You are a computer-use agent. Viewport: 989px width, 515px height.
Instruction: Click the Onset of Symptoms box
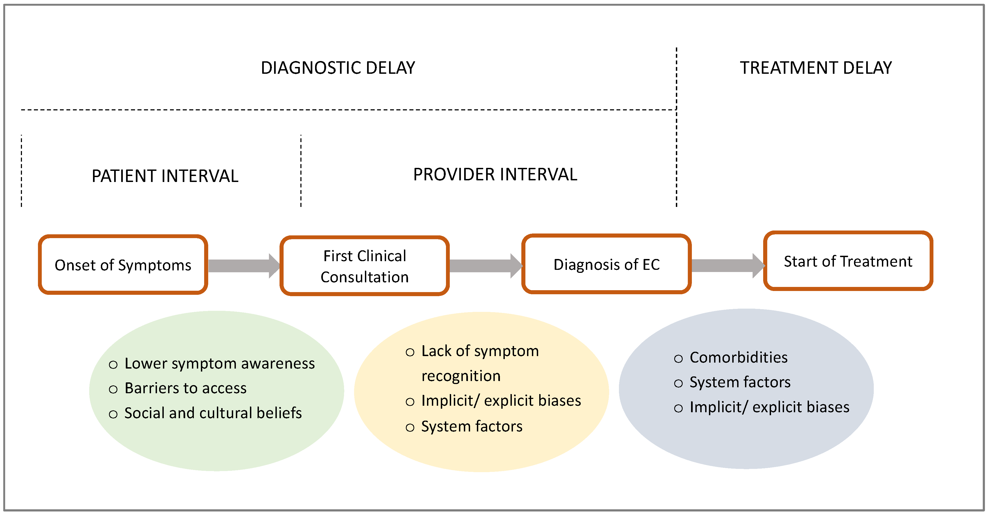point(123,265)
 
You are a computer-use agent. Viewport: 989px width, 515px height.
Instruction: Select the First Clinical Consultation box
point(364,266)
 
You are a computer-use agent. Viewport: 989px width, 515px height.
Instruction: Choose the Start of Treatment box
point(848,261)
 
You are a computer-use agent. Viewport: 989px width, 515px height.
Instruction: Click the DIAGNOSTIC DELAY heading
point(338,68)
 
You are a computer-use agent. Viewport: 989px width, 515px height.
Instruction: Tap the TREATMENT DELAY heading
point(815,68)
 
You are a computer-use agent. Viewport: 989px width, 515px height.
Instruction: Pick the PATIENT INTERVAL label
point(165,176)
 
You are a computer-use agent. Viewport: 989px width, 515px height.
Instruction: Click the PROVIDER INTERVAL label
point(495,174)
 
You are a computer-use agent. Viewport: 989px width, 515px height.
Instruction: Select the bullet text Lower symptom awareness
point(220,363)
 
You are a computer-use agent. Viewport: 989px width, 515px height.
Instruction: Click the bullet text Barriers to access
point(185,388)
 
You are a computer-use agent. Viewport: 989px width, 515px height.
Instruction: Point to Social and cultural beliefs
point(213,413)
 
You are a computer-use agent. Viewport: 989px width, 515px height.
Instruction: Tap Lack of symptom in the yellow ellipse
point(480,351)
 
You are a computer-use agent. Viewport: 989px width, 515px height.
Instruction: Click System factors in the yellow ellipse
point(471,426)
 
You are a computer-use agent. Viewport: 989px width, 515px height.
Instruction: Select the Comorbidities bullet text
point(738,357)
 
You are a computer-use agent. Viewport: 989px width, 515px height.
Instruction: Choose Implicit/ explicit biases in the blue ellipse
point(769,407)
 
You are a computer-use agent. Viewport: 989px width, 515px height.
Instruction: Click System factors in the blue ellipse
point(740,382)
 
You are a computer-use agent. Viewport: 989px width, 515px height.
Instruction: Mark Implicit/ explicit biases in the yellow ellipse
point(501,401)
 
